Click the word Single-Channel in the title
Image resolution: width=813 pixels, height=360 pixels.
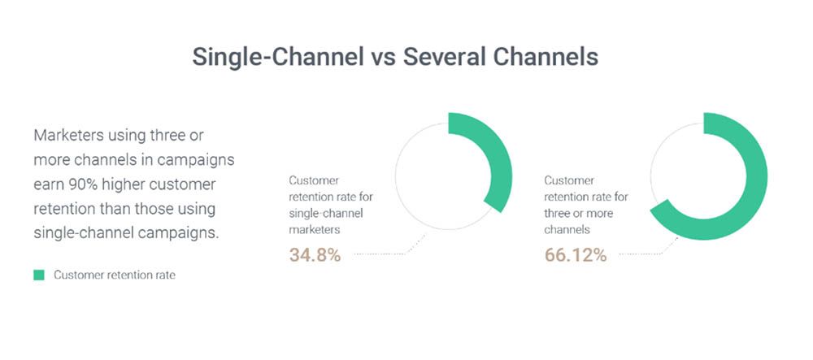point(278,57)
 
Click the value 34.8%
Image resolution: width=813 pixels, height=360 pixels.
point(315,255)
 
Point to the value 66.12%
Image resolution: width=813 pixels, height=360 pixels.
point(575,255)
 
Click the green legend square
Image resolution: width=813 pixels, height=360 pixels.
point(39,275)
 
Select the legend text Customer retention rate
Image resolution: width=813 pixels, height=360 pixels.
point(115,275)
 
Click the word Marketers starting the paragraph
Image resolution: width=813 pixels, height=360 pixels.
point(68,136)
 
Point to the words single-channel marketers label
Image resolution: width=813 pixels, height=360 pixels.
point(327,221)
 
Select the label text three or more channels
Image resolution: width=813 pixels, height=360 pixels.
point(578,221)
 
